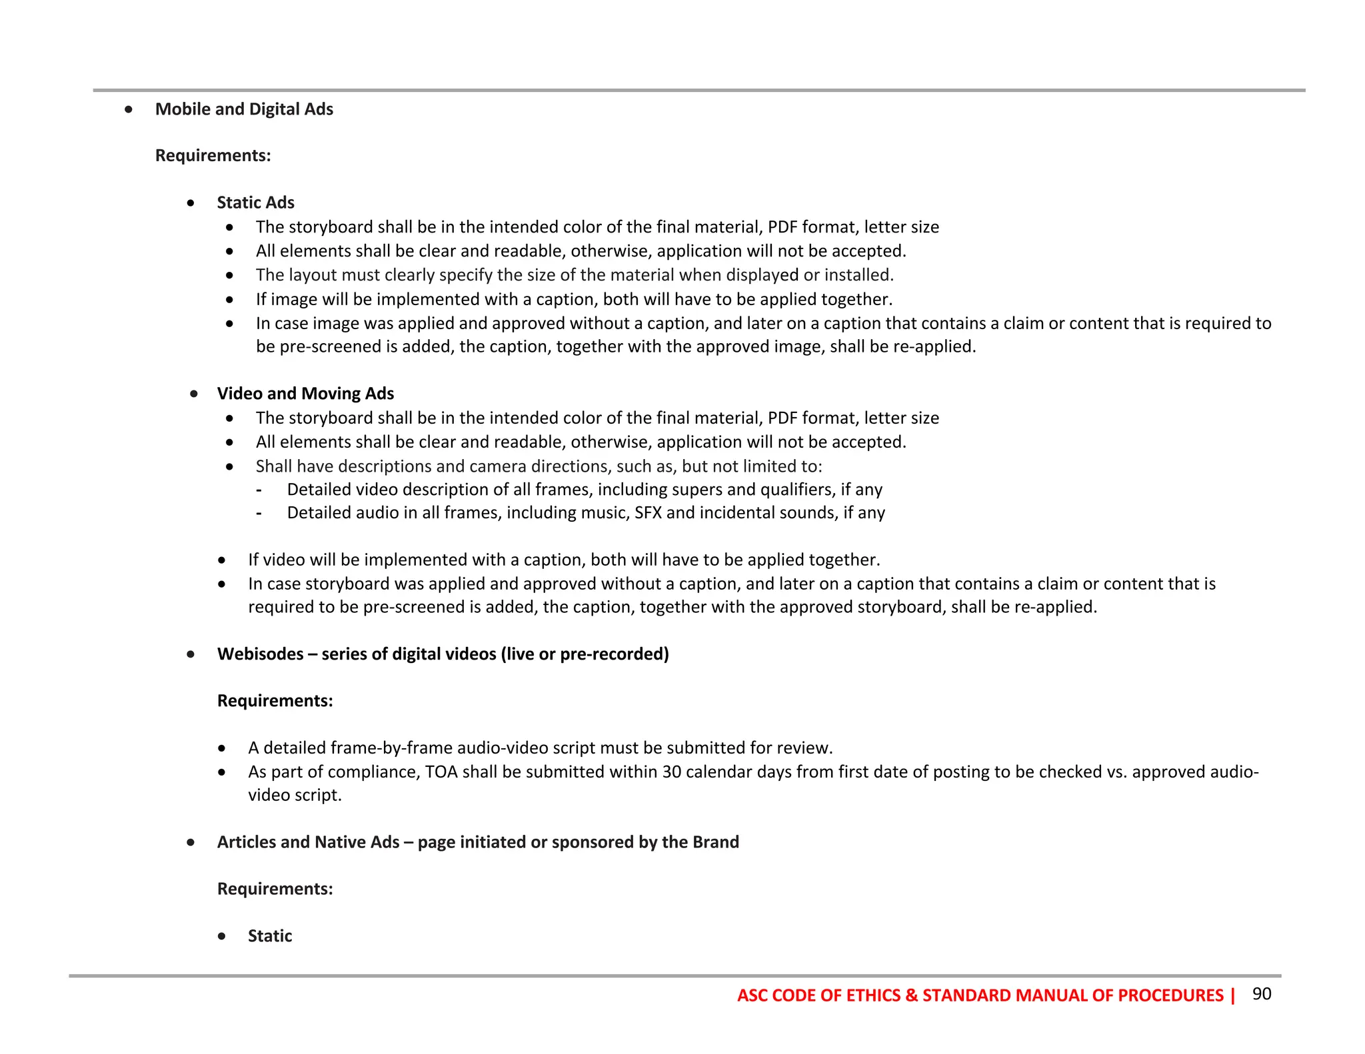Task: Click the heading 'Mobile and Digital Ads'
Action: coord(244,109)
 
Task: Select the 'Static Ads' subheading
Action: coord(255,203)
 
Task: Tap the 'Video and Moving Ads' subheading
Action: coord(305,394)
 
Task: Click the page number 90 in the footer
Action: coord(1262,994)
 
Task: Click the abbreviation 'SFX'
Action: coord(648,513)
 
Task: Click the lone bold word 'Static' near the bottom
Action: coord(270,936)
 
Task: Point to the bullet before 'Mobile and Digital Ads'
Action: coord(128,109)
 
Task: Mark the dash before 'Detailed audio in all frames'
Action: coord(259,513)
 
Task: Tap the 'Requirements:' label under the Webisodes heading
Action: coord(275,701)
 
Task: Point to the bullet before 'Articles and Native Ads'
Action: coord(191,842)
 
